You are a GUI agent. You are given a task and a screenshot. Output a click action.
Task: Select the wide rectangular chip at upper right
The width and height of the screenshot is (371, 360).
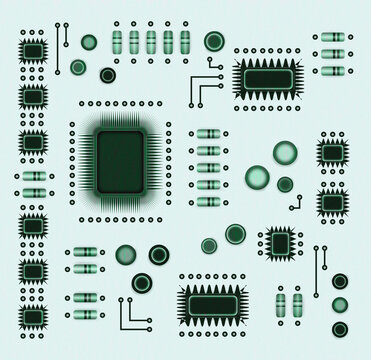click(x=268, y=78)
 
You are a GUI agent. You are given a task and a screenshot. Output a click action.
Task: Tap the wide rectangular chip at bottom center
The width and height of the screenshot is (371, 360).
click(x=212, y=304)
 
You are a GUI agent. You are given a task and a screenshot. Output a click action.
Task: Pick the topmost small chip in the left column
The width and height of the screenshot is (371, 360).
click(x=33, y=50)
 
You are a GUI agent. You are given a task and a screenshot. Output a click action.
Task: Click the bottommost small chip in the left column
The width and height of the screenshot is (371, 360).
click(x=33, y=316)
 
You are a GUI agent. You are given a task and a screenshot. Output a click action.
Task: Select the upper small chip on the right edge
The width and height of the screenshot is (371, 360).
click(x=333, y=152)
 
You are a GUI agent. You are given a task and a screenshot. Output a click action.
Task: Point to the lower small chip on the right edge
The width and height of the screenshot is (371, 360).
click(x=333, y=203)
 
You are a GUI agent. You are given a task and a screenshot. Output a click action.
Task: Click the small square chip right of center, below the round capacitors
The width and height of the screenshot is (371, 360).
click(x=280, y=242)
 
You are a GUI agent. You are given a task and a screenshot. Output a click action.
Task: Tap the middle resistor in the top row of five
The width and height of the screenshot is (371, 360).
click(x=151, y=41)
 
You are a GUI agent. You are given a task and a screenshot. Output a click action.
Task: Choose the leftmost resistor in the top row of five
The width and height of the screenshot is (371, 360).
click(x=117, y=41)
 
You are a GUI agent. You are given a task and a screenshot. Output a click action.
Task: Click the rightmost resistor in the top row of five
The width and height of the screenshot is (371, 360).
click(x=185, y=41)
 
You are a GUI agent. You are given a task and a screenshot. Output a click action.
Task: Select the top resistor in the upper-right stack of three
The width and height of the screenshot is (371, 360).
click(x=332, y=37)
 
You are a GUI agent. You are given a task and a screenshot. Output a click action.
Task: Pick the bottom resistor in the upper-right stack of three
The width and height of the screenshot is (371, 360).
click(x=332, y=70)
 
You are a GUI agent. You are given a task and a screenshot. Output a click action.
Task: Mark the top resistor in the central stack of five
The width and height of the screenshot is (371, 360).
click(x=208, y=134)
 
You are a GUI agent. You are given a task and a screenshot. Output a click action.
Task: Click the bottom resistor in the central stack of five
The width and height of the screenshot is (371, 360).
click(x=208, y=202)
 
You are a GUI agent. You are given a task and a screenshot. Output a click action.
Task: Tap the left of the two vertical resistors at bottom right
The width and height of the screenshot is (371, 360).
click(x=281, y=303)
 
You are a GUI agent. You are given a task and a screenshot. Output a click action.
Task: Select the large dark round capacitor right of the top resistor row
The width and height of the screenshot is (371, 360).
click(x=214, y=41)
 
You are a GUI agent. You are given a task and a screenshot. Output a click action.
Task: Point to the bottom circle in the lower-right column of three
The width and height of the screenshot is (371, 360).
click(x=340, y=329)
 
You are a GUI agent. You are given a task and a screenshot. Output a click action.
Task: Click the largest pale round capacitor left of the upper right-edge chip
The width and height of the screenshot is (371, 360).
click(x=285, y=152)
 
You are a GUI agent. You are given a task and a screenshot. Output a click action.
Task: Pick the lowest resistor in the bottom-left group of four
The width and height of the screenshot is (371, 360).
click(x=85, y=314)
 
